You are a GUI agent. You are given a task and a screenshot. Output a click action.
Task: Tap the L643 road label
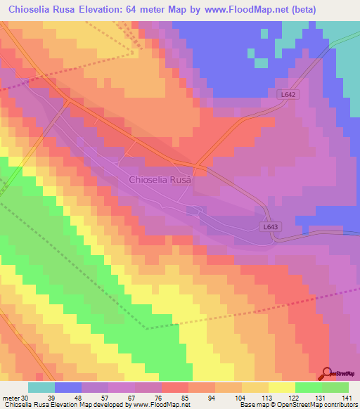coord(272,226)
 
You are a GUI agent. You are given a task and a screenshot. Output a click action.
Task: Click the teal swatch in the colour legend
coord(41,387)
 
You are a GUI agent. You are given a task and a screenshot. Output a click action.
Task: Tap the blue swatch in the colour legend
coord(68,387)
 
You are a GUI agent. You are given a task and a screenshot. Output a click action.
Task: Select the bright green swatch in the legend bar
coord(309,387)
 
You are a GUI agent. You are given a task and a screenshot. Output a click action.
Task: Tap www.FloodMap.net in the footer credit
coord(162,404)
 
